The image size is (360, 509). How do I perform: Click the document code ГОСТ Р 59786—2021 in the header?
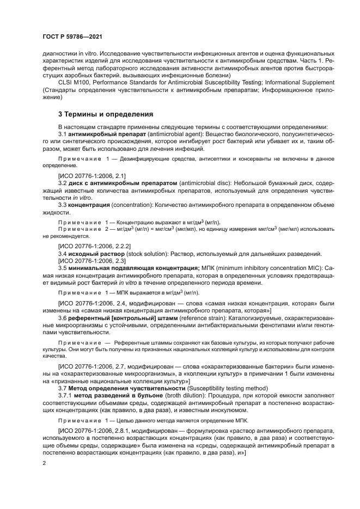tap(72, 36)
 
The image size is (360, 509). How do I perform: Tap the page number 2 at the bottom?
tap(44, 463)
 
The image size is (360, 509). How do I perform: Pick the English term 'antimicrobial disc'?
tap(205, 183)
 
